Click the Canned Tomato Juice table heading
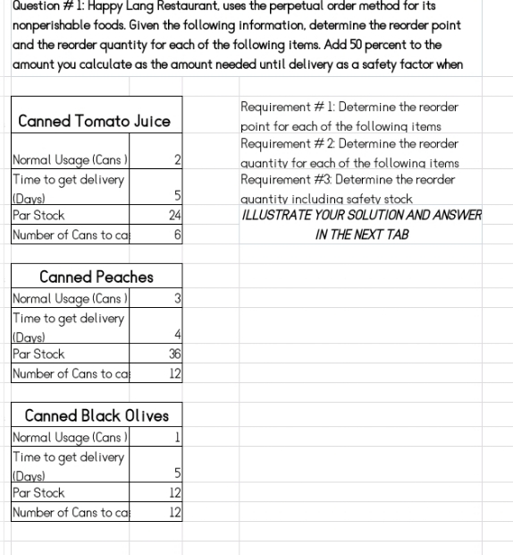point(94,121)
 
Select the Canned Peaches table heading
point(97,277)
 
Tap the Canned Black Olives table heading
point(97,415)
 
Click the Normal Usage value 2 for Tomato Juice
point(178,160)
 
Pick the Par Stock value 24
point(175,216)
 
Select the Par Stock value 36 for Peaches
point(175,354)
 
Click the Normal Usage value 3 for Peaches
point(178,298)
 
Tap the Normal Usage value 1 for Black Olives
point(178,437)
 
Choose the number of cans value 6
point(178,235)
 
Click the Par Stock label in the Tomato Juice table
point(38,216)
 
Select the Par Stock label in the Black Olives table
point(38,492)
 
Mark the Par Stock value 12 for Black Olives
point(175,492)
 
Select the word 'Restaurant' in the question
point(184,5)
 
